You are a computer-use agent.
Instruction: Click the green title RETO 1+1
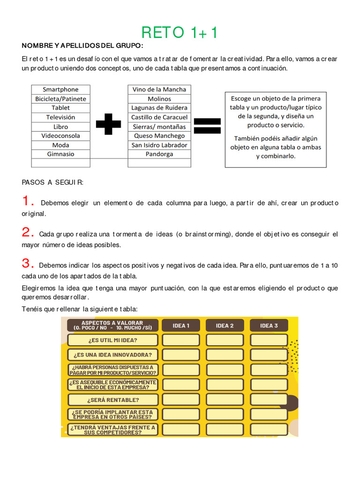tap(180, 33)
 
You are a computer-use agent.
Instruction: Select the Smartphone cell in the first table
tap(60, 90)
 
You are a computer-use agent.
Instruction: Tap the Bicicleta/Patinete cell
tap(60, 99)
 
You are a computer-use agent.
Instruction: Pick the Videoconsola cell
tap(60, 135)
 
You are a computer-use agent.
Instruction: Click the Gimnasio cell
tap(60, 154)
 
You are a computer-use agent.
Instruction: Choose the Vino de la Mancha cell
tap(159, 90)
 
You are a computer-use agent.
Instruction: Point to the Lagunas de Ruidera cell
tap(159, 108)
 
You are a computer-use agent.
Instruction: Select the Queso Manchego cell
tap(159, 135)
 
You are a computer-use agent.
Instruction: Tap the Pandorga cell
tap(159, 154)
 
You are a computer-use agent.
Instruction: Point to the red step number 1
tap(28, 202)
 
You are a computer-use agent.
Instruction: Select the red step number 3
tap(28, 263)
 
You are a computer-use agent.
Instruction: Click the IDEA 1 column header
tap(181, 325)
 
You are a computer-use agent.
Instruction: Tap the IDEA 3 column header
tap(269, 325)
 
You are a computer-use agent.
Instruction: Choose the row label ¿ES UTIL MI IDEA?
tap(113, 340)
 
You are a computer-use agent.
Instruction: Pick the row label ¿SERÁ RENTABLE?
tap(113, 400)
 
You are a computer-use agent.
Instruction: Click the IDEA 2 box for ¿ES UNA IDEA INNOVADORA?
tap(225, 355)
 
